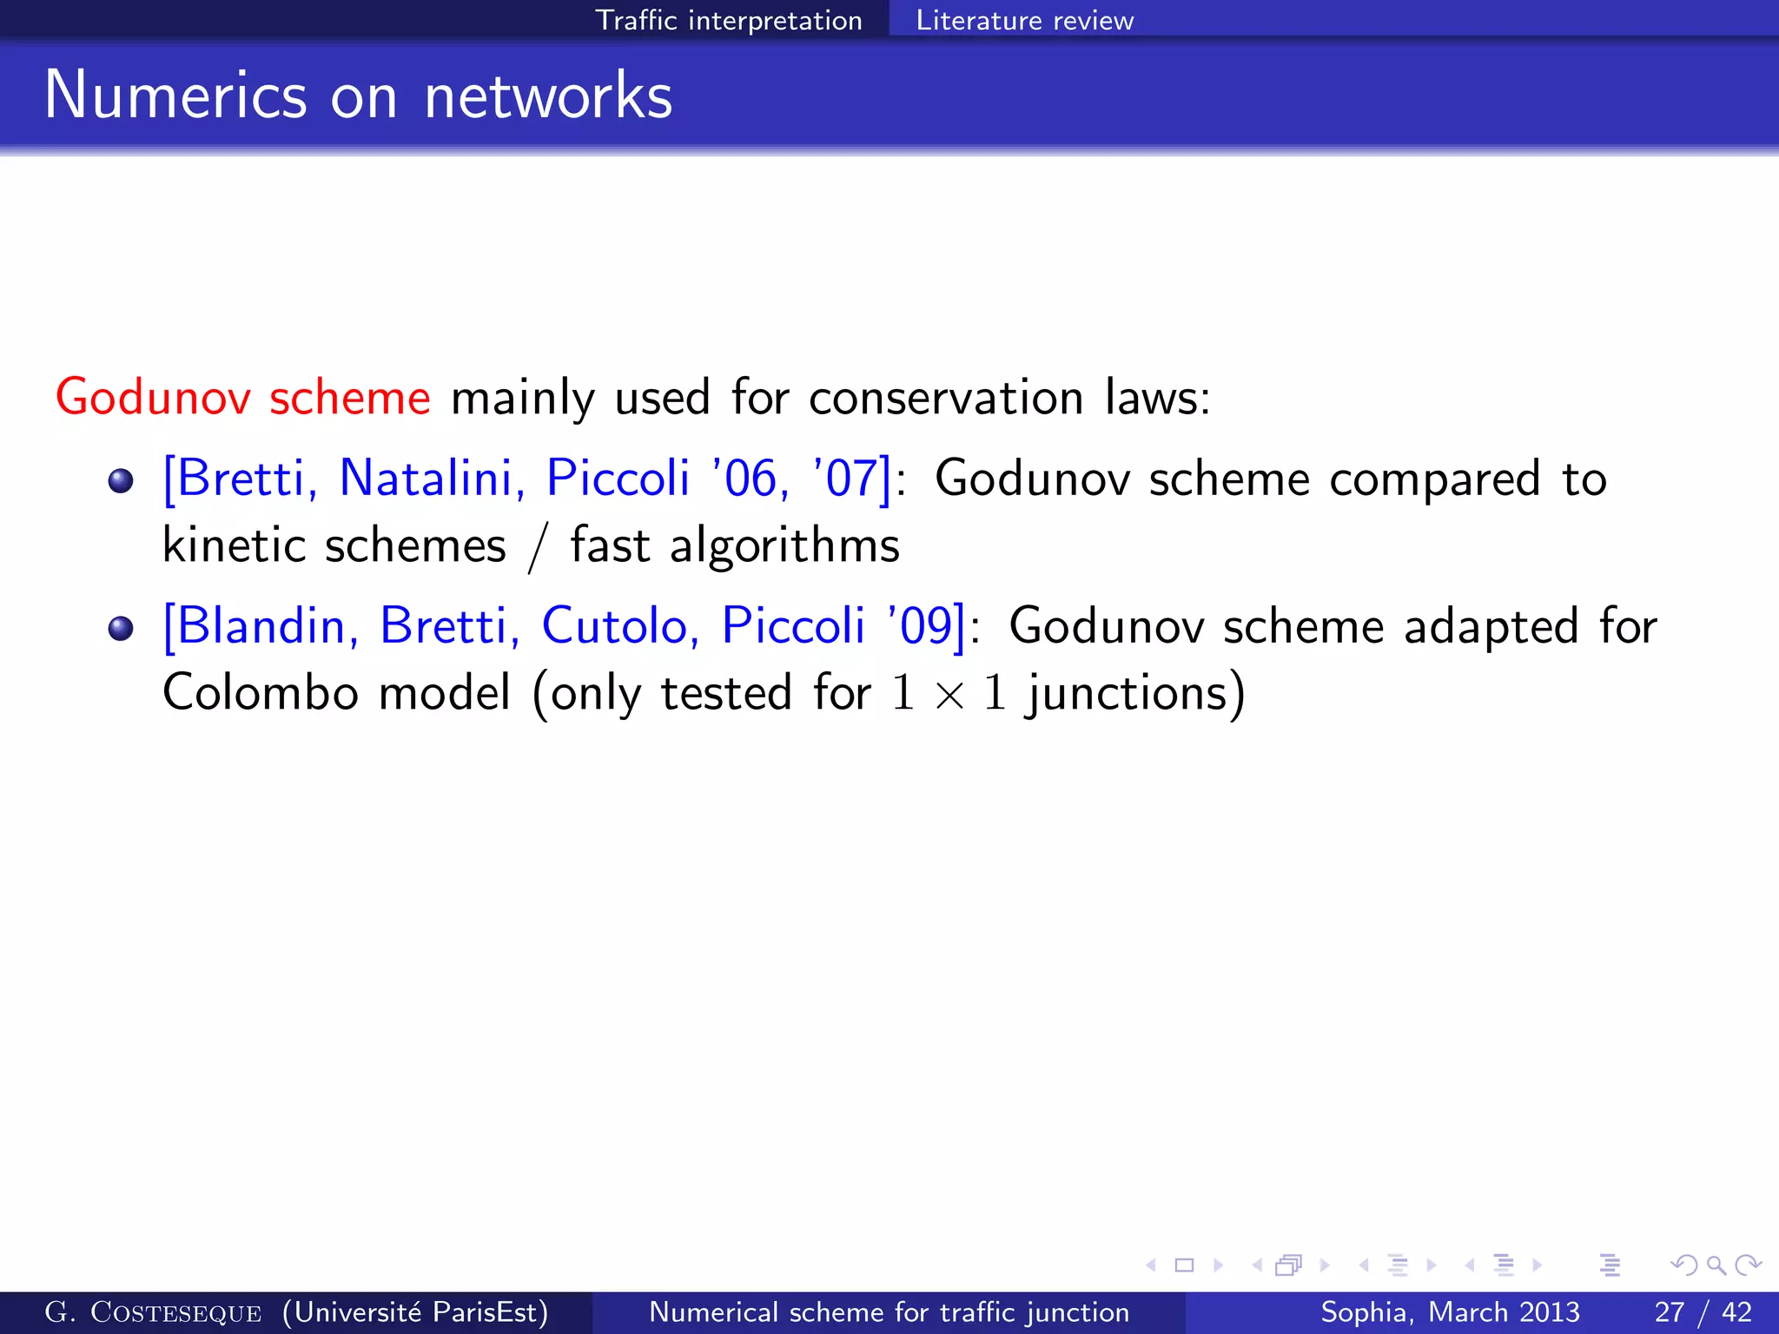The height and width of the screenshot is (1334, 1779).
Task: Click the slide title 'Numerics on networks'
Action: coord(358,96)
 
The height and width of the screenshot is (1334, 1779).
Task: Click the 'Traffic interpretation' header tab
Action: coord(728,20)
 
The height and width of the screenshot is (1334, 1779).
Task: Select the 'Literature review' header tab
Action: coord(1024,20)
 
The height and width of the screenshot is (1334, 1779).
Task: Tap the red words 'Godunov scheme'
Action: coord(243,398)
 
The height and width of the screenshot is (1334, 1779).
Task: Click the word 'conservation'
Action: coord(946,398)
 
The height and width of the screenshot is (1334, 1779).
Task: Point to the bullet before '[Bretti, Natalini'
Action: coord(121,480)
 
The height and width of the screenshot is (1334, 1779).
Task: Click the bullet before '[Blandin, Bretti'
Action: coord(121,628)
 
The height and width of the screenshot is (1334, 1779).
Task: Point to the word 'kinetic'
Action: coord(234,545)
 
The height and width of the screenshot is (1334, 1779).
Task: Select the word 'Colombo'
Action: coord(260,693)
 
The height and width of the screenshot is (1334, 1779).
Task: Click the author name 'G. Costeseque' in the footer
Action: coord(153,1312)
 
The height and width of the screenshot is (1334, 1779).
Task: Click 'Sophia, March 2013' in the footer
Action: coord(1450,1312)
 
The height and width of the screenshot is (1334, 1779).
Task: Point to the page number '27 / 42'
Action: coord(1703,1312)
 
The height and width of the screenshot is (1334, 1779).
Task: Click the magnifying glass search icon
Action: coord(1715,1265)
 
